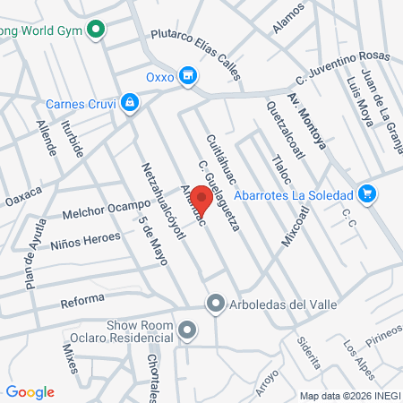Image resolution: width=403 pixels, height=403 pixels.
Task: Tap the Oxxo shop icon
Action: [187, 76]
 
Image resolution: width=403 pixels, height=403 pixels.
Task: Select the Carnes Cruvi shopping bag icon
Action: [131, 102]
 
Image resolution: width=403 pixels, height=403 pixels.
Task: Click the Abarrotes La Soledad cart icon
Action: [365, 193]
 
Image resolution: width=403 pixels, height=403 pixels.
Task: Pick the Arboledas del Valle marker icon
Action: [215, 304]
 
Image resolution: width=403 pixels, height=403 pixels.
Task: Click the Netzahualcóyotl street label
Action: [163, 201]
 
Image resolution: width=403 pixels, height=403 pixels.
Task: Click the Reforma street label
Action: [82, 300]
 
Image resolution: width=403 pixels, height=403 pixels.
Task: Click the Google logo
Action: [30, 392]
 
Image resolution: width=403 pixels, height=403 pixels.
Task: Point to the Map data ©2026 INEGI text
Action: [348, 395]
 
